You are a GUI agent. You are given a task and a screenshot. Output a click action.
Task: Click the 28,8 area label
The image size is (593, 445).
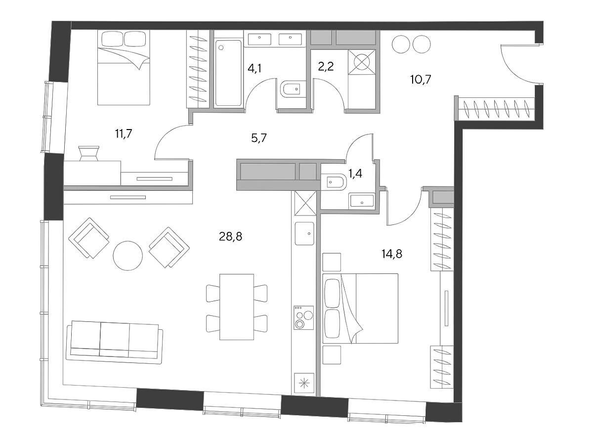[x=230, y=237]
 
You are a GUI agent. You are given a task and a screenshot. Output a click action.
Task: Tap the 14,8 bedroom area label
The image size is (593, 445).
[x=392, y=254]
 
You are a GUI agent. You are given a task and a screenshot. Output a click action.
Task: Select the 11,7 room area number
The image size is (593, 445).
[x=124, y=133]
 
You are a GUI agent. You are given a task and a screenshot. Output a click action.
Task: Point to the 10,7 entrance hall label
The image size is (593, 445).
[x=421, y=80]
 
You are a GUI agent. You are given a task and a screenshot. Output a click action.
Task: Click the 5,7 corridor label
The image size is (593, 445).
[x=259, y=138]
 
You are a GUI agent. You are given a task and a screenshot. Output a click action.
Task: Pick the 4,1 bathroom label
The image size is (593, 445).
[x=254, y=69]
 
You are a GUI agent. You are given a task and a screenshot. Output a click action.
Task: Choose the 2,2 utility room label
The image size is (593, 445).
[x=326, y=66]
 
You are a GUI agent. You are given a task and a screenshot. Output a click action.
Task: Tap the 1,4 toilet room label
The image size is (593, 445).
[x=355, y=174]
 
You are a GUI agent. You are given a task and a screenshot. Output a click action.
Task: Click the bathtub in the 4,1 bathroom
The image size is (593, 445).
[x=228, y=73]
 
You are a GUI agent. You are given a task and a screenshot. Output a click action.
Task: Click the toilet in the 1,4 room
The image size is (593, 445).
[x=332, y=182]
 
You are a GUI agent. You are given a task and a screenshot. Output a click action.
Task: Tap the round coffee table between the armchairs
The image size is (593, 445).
[x=128, y=256]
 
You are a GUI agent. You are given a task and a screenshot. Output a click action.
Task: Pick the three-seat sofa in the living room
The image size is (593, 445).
[x=115, y=342]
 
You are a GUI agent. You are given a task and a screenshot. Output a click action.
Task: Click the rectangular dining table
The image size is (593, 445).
[x=237, y=307]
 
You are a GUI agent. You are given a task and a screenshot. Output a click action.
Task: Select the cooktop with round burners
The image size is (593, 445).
[x=304, y=318]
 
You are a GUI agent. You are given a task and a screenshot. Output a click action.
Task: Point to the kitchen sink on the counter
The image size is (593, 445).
[x=304, y=233]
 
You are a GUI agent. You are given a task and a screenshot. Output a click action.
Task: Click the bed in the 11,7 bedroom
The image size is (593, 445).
[x=124, y=68]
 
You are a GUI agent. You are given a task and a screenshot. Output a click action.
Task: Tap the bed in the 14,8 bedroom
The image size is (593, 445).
[x=360, y=309]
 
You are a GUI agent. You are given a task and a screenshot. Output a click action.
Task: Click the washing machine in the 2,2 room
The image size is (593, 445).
[x=362, y=62]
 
